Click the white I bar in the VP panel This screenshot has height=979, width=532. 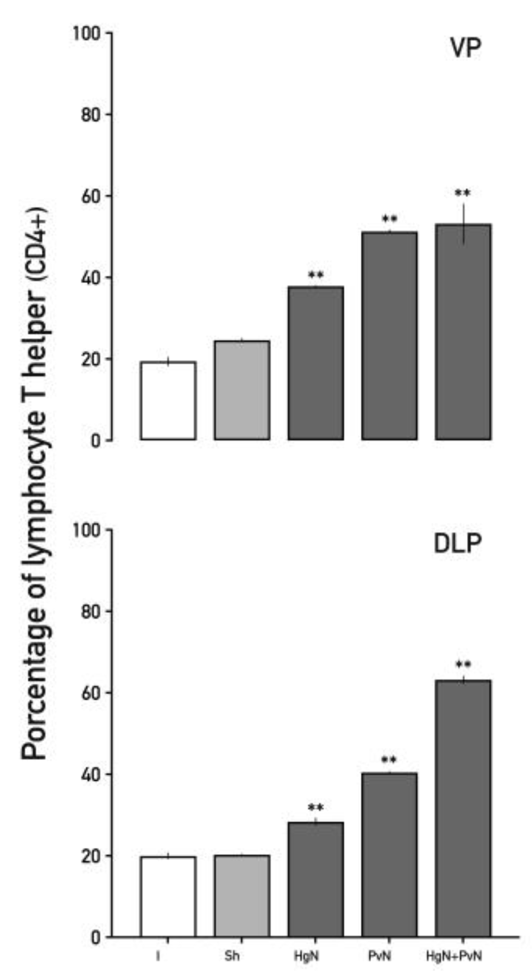pyautogui.click(x=168, y=400)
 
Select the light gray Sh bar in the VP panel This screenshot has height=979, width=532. pyautogui.click(x=242, y=390)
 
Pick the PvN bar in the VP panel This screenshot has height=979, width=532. pyautogui.click(x=389, y=336)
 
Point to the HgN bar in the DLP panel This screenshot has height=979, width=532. pyautogui.click(x=315, y=879)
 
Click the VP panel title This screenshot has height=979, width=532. pyautogui.click(x=465, y=48)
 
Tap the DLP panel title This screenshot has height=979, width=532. pyautogui.click(x=458, y=544)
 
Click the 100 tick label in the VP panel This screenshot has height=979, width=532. pyautogui.click(x=86, y=33)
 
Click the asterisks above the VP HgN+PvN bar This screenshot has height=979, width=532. pyautogui.click(x=462, y=194)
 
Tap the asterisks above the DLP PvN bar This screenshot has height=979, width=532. pyautogui.click(x=389, y=759)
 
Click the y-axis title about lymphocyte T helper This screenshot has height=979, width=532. pyautogui.click(x=35, y=484)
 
